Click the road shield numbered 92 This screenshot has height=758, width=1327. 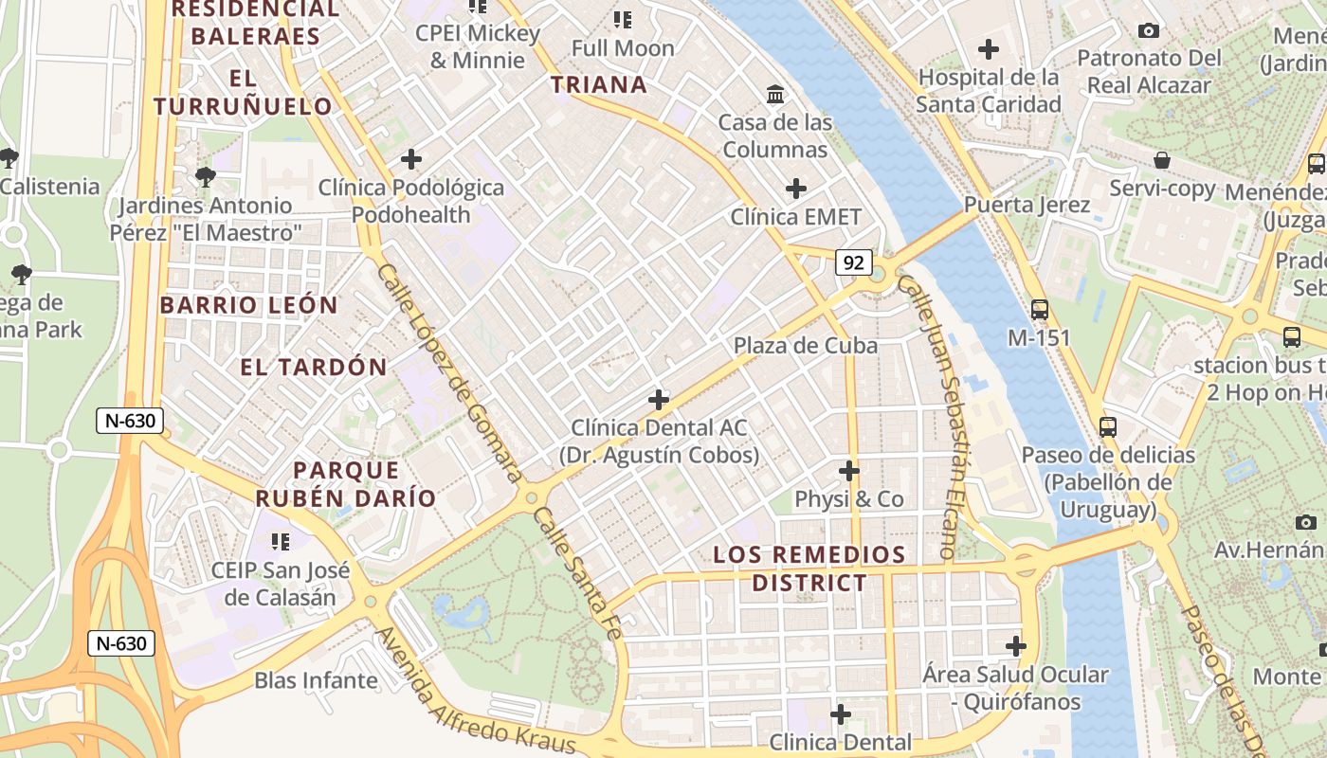(x=853, y=262)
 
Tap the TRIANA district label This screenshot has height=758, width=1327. (x=599, y=85)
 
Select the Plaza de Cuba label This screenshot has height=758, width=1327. (x=805, y=346)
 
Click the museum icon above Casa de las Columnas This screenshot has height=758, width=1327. (x=775, y=94)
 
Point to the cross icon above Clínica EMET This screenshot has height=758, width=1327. (x=796, y=189)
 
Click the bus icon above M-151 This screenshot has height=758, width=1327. (x=1040, y=309)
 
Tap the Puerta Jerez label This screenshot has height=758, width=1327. (x=1027, y=205)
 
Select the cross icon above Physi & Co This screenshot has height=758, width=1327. (x=849, y=470)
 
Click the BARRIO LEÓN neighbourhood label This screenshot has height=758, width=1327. (x=248, y=305)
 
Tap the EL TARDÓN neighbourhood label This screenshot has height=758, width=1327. (x=314, y=368)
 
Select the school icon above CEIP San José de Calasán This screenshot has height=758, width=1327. (x=280, y=541)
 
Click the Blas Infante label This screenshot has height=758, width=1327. (x=316, y=680)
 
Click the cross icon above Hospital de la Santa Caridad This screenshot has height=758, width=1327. (x=989, y=48)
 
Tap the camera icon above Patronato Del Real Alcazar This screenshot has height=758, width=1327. (x=1149, y=31)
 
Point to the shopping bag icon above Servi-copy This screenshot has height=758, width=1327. (x=1162, y=160)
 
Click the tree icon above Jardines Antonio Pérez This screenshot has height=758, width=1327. (x=205, y=176)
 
